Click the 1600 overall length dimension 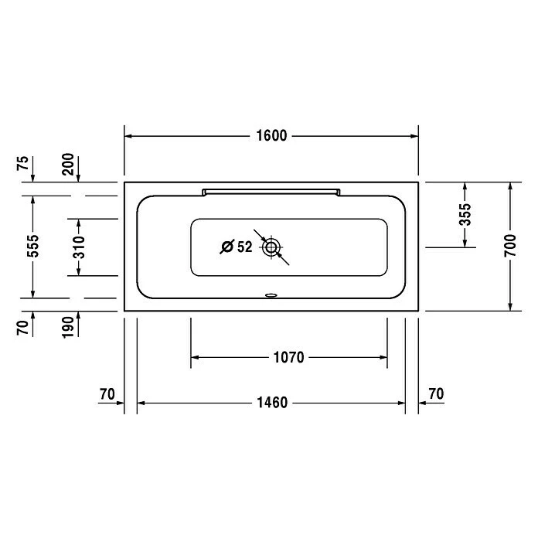271,136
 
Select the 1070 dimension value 288,357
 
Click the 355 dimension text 465,215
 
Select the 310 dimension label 79,247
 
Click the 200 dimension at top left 68,164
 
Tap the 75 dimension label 23,164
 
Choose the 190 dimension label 68,327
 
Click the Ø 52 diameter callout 237,247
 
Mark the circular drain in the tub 271,247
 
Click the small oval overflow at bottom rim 271,295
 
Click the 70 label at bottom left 107,393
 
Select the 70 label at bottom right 435,393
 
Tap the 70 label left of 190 23,327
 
